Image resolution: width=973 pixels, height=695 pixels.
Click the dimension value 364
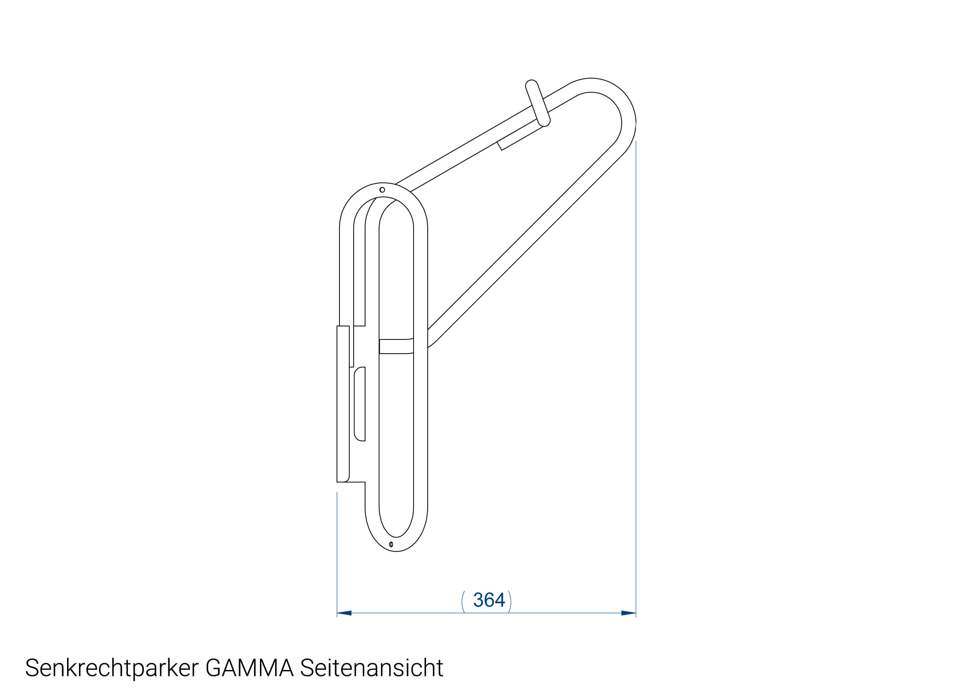(x=489, y=600)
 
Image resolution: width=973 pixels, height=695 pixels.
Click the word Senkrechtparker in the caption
(x=112, y=668)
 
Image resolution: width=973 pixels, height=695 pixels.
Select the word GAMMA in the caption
(x=250, y=668)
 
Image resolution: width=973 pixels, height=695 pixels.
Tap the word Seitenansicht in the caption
(x=371, y=668)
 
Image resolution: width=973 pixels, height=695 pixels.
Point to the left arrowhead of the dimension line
(x=344, y=613)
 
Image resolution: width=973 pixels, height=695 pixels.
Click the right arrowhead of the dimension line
(x=628, y=613)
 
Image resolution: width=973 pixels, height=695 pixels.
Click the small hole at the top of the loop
(x=382, y=190)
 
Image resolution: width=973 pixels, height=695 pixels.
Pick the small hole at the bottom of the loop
(x=391, y=545)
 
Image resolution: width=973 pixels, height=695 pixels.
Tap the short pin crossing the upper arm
(x=538, y=103)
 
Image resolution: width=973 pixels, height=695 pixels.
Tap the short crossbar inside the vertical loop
(x=396, y=346)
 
